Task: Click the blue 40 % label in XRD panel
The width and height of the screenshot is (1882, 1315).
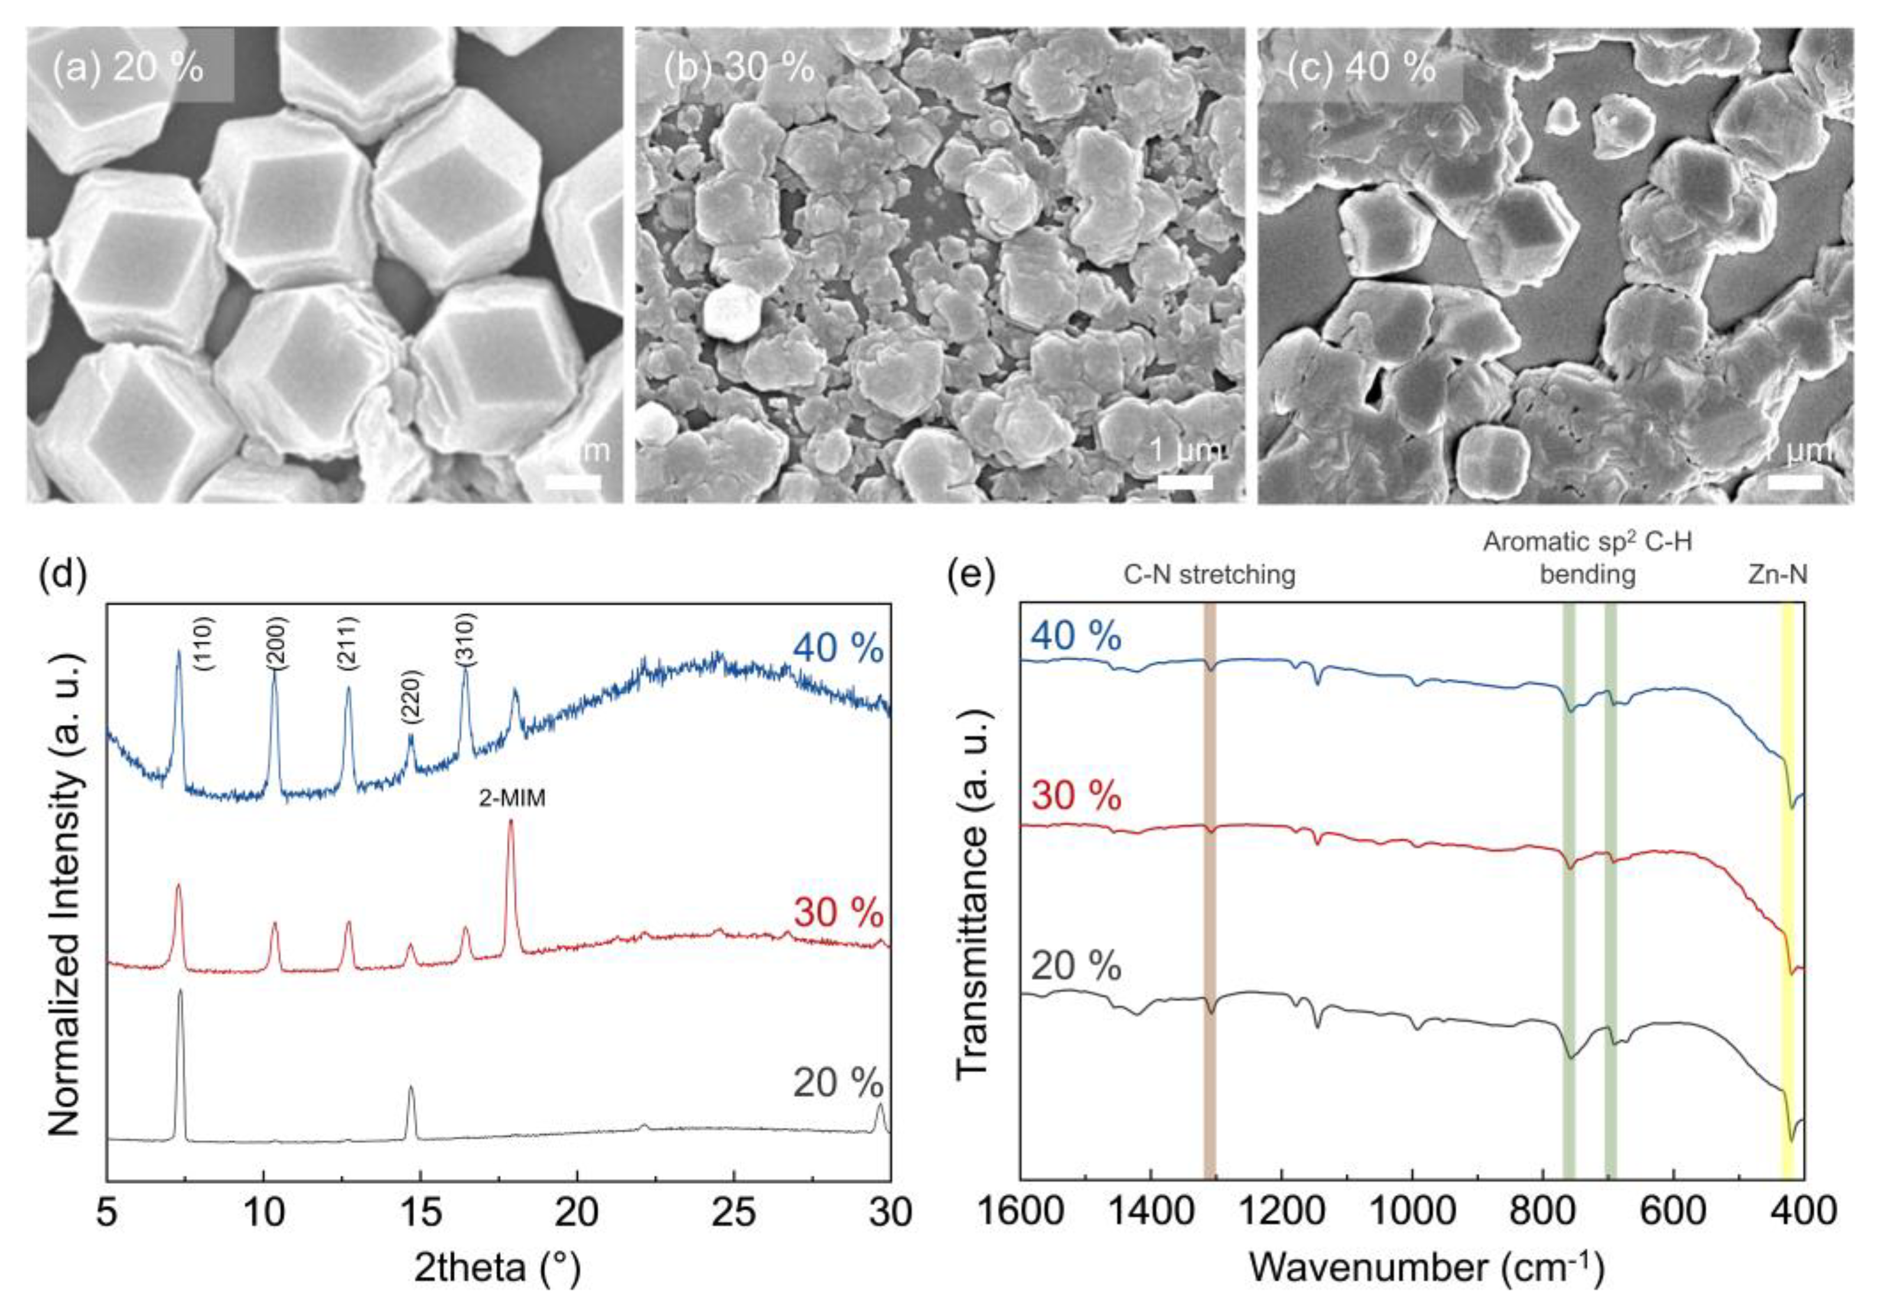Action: pyautogui.click(x=838, y=650)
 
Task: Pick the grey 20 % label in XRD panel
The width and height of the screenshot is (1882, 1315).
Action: pyautogui.click(x=838, y=1084)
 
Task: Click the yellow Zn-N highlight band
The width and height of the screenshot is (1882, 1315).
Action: pyautogui.click(x=1787, y=886)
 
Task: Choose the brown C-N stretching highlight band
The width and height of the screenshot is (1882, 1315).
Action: pyautogui.click(x=1209, y=886)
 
